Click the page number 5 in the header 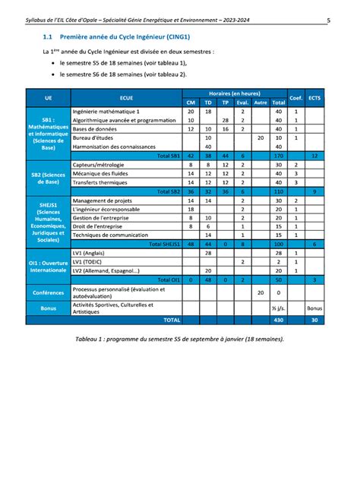click(x=339, y=20)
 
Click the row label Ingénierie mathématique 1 click(x=106, y=112)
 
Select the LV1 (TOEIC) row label click(x=89, y=261)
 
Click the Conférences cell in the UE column click(x=49, y=292)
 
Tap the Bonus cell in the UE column click(x=49, y=309)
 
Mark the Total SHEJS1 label click(x=163, y=244)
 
